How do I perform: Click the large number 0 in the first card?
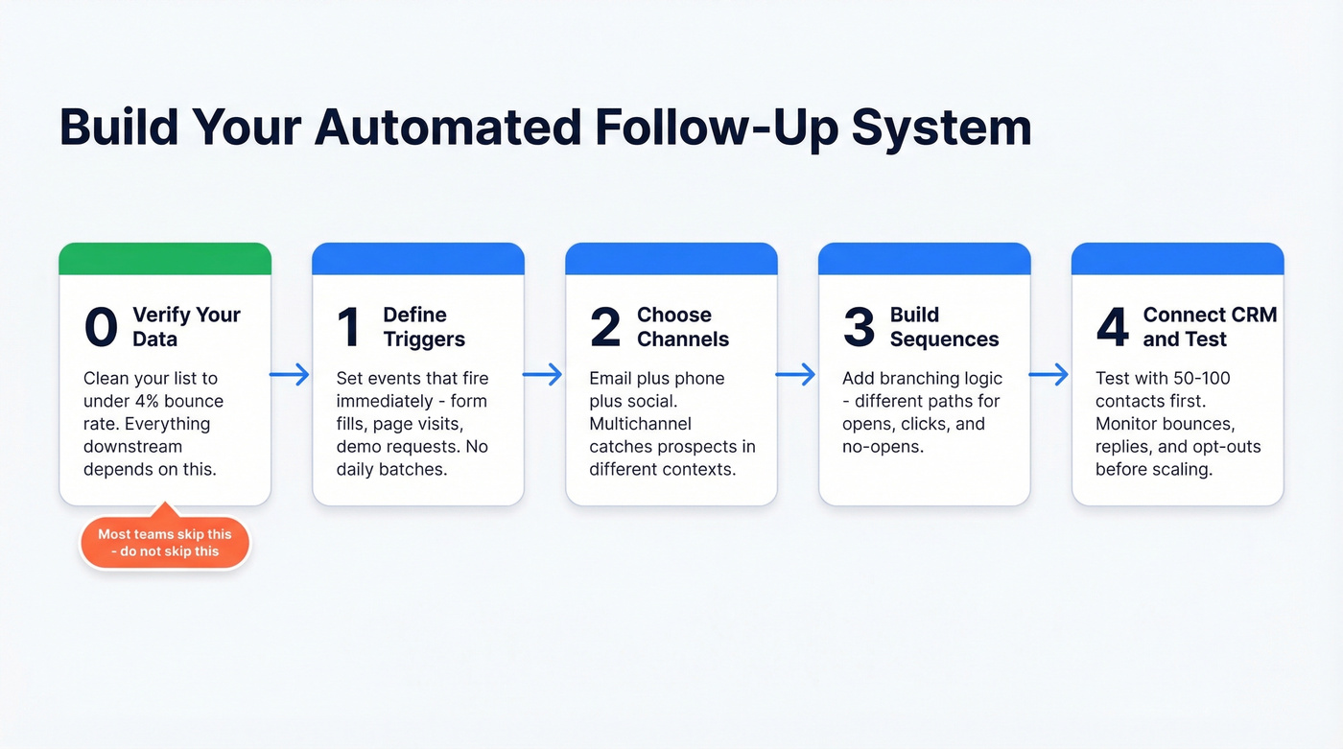pos(101,327)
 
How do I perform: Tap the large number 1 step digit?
pos(349,327)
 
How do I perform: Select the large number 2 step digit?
pos(605,327)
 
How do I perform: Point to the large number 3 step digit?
pos(859,327)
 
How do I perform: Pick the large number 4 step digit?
pos(1112,327)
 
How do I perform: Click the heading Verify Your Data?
pos(186,327)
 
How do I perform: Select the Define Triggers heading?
pos(424,327)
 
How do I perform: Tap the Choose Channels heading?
pos(683,327)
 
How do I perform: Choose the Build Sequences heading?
pos(944,327)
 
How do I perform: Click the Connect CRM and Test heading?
pos(1209,327)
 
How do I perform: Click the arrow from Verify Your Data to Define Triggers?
pos(291,374)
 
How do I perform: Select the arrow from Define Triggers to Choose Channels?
pos(544,374)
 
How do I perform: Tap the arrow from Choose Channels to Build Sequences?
pos(797,374)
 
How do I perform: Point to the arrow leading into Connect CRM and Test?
pos(1050,374)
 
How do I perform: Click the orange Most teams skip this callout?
pos(164,543)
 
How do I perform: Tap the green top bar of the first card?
pos(165,259)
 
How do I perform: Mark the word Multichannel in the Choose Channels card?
pos(640,424)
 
